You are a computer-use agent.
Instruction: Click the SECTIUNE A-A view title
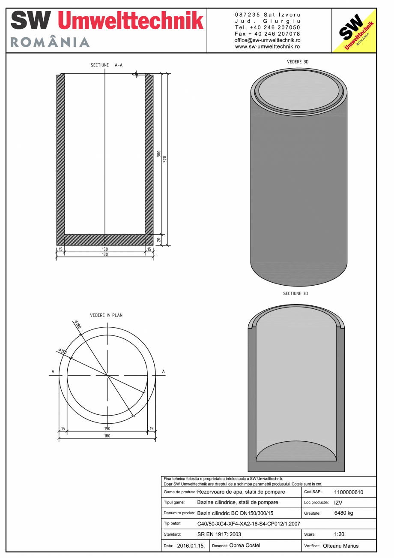[106, 65]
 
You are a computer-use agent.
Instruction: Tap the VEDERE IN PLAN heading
[106, 315]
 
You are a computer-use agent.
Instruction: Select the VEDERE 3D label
[298, 62]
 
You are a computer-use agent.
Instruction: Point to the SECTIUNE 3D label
[295, 294]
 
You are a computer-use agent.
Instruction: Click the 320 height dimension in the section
[164, 159]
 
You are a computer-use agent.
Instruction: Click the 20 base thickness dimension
[158, 240]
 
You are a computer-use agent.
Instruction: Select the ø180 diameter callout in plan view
[78, 325]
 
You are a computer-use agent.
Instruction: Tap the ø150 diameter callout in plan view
[62, 352]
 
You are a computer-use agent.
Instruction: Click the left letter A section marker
[53, 371]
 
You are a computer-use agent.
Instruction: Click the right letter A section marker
[163, 371]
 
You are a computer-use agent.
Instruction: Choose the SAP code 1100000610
[348, 492]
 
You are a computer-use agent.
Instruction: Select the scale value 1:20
[340, 535]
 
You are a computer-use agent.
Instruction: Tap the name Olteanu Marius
[340, 546]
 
